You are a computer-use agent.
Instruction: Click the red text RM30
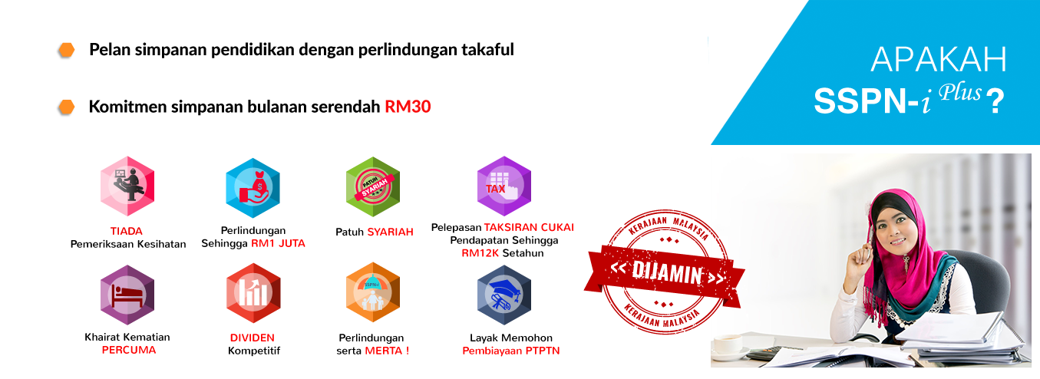tap(408, 107)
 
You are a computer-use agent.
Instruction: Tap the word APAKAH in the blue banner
tap(938, 60)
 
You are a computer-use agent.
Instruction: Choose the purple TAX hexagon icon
tap(503, 186)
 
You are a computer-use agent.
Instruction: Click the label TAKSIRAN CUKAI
tap(529, 227)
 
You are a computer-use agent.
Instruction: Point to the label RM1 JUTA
tap(278, 243)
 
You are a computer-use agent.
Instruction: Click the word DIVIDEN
tap(252, 338)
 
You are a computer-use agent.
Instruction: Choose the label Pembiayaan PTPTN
tap(510, 351)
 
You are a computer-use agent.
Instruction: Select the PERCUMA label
tap(128, 350)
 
